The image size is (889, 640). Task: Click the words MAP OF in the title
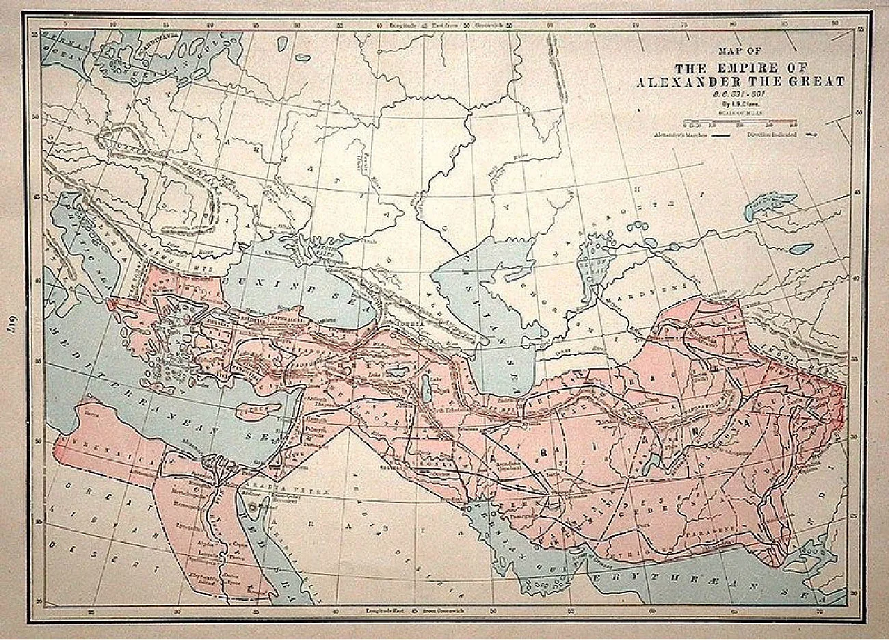739,50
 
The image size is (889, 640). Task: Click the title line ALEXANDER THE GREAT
740,81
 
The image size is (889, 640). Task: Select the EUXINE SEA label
274,280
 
